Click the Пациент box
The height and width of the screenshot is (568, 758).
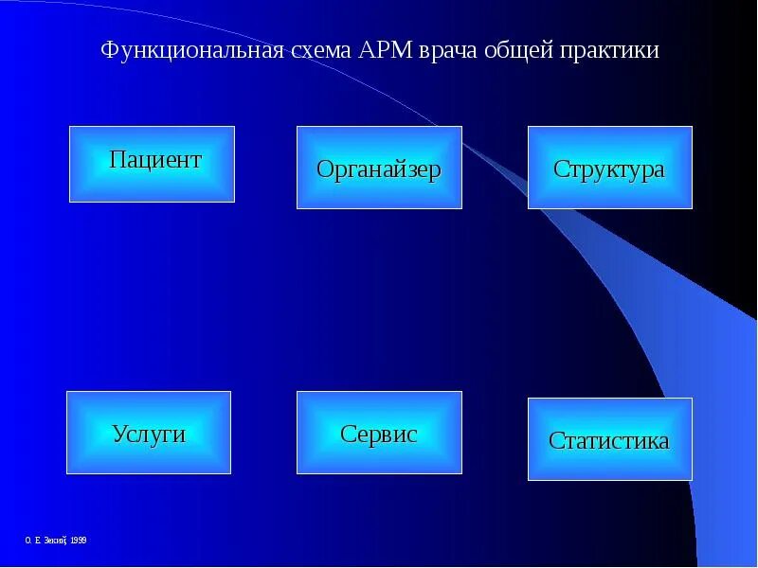[x=152, y=164]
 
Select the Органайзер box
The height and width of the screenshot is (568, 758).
[x=379, y=167]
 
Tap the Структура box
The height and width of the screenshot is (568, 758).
[x=609, y=167]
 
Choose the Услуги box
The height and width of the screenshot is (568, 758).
[x=149, y=432]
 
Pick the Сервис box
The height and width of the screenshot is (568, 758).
[x=379, y=432]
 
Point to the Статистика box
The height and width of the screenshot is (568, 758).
[x=609, y=438]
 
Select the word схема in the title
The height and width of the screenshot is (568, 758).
[x=322, y=50]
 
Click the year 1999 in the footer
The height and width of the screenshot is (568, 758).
[x=78, y=540]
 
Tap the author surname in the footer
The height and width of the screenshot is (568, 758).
[x=53, y=540]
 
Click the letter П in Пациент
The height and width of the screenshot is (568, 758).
[x=117, y=159]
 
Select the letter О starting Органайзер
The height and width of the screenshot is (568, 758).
[x=324, y=169]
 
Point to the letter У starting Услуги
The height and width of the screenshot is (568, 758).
[x=118, y=434]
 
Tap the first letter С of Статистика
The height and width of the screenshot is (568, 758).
[x=555, y=440]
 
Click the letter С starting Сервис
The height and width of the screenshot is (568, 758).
[x=347, y=434]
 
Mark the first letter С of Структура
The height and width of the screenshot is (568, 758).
[x=560, y=169]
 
